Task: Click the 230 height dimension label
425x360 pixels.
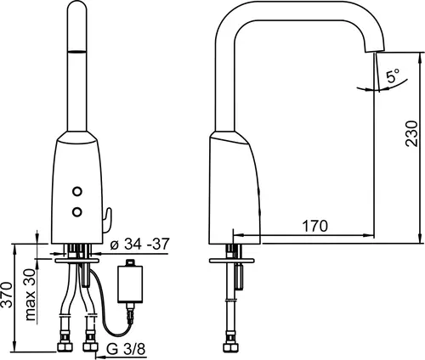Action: pos(411,133)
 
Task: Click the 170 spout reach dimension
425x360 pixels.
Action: pos(315,226)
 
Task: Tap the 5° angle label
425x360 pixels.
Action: pos(393,76)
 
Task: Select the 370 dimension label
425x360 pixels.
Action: pos(6,295)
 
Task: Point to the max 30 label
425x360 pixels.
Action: pos(31,295)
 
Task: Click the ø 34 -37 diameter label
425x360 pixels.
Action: pos(140,244)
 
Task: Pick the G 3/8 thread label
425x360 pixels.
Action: pos(127,349)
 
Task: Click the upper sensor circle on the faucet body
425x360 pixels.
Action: pos(76,192)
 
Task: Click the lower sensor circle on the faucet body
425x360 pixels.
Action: pos(76,211)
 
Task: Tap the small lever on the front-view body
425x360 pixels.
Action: pos(108,220)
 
